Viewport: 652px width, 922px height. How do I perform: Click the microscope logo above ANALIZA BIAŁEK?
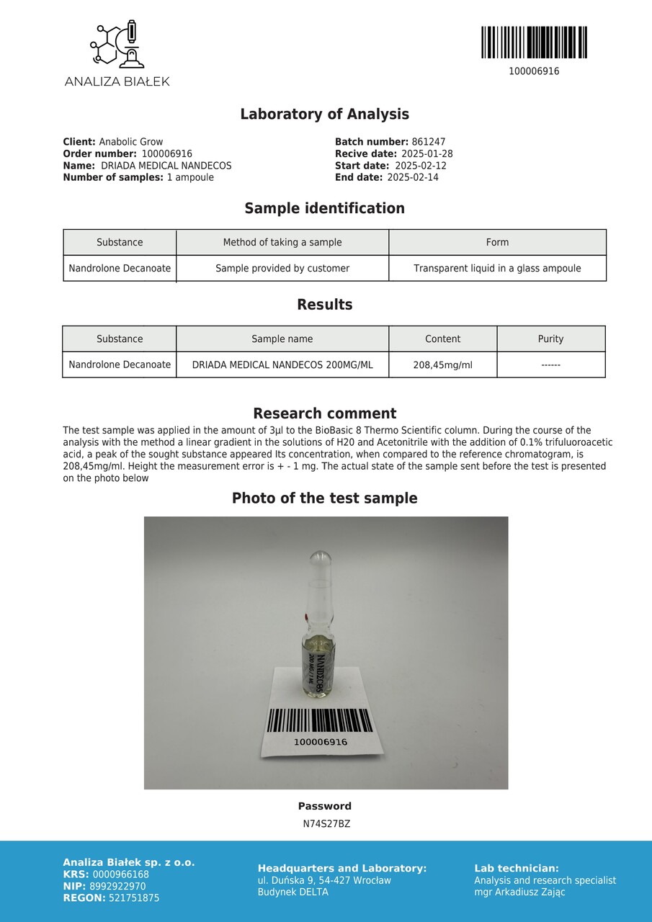[x=117, y=45]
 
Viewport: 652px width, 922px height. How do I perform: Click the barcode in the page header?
[x=534, y=42]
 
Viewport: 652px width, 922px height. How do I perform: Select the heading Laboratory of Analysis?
[x=324, y=114]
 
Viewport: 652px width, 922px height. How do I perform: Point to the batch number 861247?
[x=429, y=142]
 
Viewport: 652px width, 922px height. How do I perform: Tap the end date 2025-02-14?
[x=413, y=177]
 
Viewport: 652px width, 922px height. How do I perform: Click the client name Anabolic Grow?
[x=131, y=142]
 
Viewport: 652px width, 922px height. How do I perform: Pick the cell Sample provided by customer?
[x=282, y=268]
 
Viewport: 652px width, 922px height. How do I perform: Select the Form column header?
[x=497, y=242]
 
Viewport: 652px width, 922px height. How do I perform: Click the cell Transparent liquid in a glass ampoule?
[x=497, y=268]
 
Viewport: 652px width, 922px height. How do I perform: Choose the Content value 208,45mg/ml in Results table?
[x=442, y=364]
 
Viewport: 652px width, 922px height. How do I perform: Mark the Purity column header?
[x=550, y=339]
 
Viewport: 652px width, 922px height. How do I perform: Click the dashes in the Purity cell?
[x=550, y=364]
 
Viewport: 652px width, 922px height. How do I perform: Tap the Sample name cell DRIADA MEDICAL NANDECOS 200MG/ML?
[x=282, y=364]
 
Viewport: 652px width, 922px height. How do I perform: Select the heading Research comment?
[x=324, y=413]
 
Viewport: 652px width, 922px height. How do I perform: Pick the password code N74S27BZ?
[x=326, y=824]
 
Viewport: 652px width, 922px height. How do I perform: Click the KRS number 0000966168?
[x=121, y=874]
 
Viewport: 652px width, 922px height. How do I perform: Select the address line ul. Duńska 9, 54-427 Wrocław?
[x=324, y=880]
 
